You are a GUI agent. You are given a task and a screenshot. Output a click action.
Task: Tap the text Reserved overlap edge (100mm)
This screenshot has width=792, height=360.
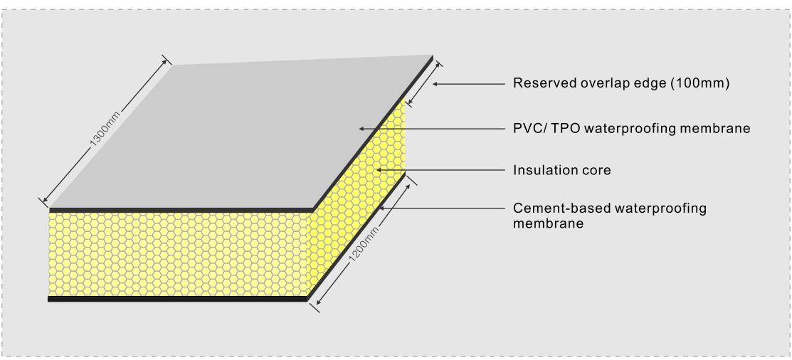[x=622, y=83]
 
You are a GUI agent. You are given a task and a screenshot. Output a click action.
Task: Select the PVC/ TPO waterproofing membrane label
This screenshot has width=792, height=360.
[x=632, y=129]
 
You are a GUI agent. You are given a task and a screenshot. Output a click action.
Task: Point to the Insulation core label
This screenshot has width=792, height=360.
[x=562, y=170]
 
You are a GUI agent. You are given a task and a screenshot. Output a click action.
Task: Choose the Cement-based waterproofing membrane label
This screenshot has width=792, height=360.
[x=609, y=216]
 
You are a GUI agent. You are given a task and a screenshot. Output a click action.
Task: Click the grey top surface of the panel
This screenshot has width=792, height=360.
[x=242, y=135]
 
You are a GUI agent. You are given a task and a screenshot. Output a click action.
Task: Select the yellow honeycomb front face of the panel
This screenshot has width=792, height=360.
[x=178, y=253]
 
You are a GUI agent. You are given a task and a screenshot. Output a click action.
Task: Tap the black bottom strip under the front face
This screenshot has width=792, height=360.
[x=178, y=299]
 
